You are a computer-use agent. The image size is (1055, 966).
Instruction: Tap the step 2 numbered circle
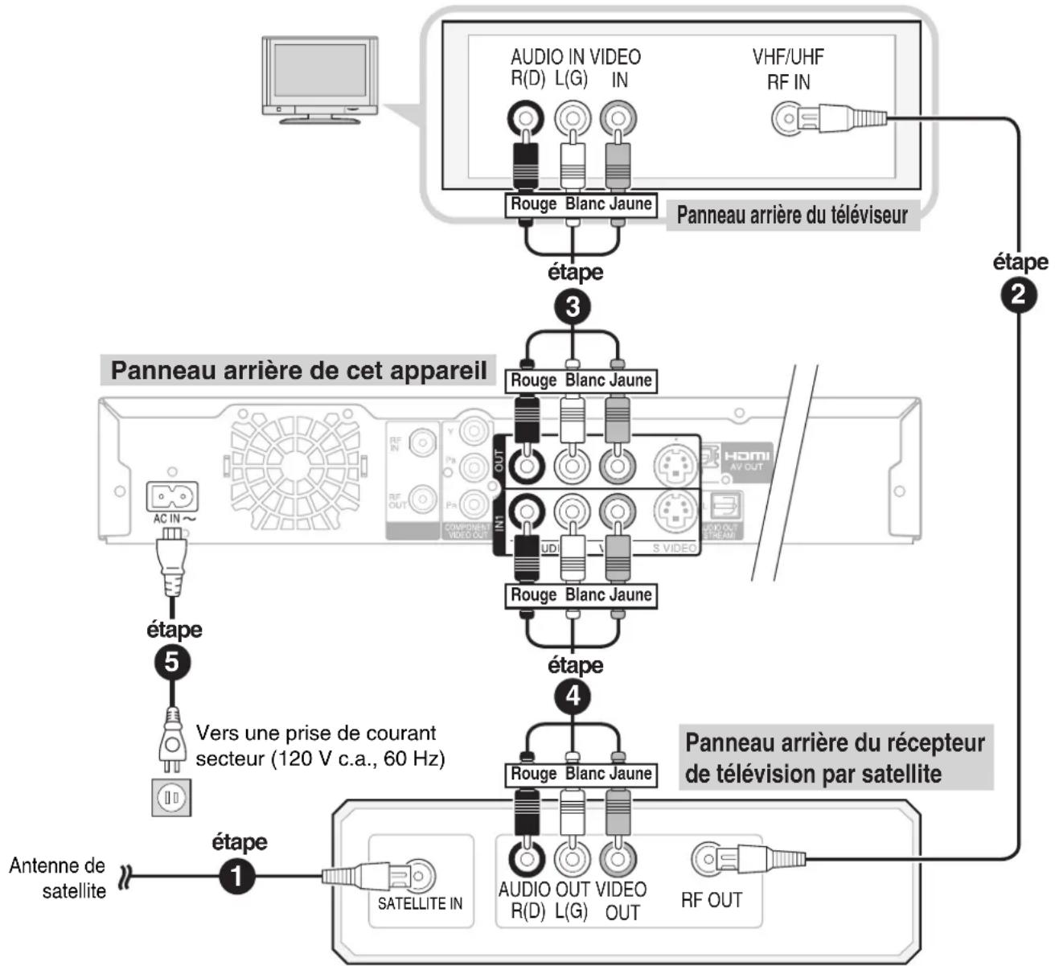coord(1019,294)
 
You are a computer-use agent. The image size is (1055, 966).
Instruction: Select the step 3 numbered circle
coord(573,306)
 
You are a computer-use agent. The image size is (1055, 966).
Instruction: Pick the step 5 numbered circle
coord(171,661)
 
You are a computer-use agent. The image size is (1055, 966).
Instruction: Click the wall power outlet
coord(170,796)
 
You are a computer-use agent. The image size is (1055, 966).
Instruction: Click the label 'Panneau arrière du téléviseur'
coord(791,216)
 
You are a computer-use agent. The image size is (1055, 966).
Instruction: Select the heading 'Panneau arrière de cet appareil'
coord(298,371)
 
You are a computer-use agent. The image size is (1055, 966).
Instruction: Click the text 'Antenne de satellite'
coord(58,878)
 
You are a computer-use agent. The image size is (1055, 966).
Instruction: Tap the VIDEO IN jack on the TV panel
coord(618,120)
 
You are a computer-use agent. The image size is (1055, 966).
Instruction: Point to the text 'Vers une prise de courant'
coord(316,734)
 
